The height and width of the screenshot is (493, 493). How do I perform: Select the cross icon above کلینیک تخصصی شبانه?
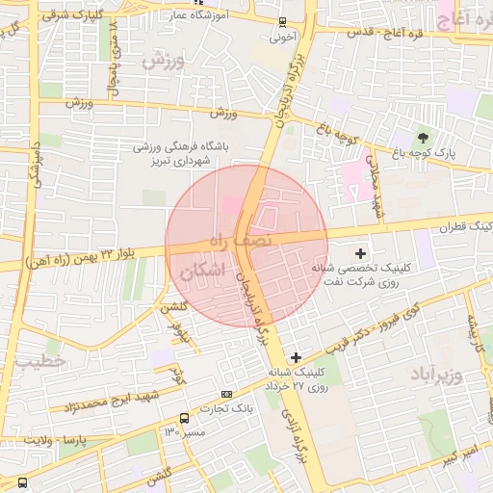pyautogui.click(x=360, y=253)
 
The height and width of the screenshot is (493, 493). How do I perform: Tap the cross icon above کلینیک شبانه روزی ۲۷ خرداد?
pyautogui.click(x=296, y=357)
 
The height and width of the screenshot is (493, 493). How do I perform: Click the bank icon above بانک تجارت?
pyautogui.click(x=226, y=393)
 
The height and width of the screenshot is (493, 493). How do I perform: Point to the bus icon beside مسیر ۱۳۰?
pyautogui.click(x=184, y=418)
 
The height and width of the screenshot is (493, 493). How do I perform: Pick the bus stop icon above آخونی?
pyautogui.click(x=282, y=22)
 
